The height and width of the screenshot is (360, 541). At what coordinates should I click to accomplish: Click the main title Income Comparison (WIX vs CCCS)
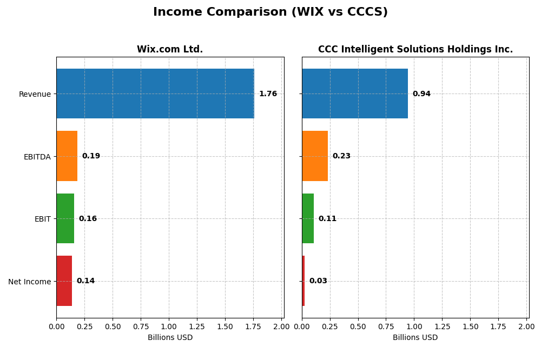[270, 12]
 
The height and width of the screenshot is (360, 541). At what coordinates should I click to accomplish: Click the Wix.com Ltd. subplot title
[170, 49]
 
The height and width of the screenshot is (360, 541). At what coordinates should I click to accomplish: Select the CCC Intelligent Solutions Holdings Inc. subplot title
[415, 49]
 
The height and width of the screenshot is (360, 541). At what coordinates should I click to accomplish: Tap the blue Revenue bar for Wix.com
[155, 94]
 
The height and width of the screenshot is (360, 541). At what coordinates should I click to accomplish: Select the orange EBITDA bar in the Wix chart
[67, 156]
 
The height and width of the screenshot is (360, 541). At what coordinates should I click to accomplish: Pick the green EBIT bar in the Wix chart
[65, 218]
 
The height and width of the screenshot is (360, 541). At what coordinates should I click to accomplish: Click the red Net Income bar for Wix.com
[64, 281]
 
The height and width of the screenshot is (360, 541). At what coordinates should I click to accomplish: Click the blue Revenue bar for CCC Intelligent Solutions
[354, 94]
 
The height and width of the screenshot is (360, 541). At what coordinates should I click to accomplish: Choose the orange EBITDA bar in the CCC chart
[314, 156]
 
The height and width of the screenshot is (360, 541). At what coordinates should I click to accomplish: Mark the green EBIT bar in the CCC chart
[308, 218]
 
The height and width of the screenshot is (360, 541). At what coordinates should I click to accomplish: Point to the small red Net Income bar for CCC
[304, 281]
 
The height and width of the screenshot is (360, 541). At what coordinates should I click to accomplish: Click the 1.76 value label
[268, 94]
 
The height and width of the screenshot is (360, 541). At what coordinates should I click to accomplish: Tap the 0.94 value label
[421, 94]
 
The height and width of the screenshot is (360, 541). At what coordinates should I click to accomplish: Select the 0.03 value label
[318, 281]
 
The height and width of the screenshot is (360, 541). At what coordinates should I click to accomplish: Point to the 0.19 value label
[91, 156]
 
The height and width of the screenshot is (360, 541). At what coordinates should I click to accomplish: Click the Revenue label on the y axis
[35, 94]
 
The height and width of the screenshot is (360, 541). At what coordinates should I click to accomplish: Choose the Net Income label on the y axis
[30, 281]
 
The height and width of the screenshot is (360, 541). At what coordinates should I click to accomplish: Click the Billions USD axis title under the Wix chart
[170, 337]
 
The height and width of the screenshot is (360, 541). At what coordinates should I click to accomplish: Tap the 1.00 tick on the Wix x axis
[169, 326]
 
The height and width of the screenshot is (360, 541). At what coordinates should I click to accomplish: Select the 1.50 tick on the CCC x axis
[470, 326]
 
